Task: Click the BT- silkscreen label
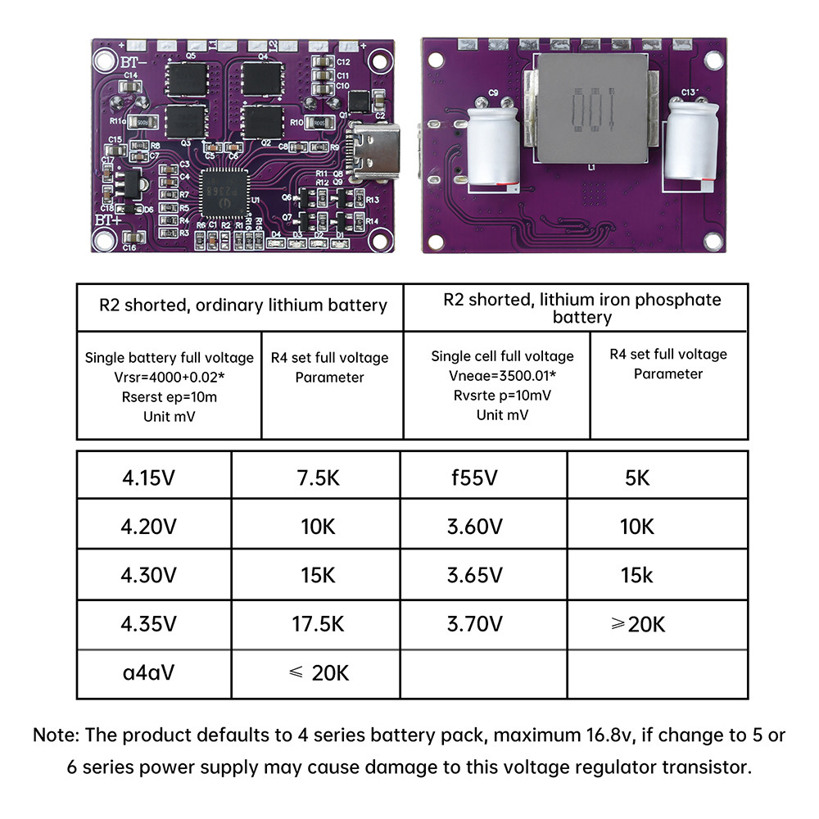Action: tap(108, 61)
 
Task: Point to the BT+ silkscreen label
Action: tap(107, 219)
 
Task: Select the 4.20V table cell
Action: tap(148, 527)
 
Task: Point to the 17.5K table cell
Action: tap(318, 624)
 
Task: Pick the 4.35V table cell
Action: tap(148, 624)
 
